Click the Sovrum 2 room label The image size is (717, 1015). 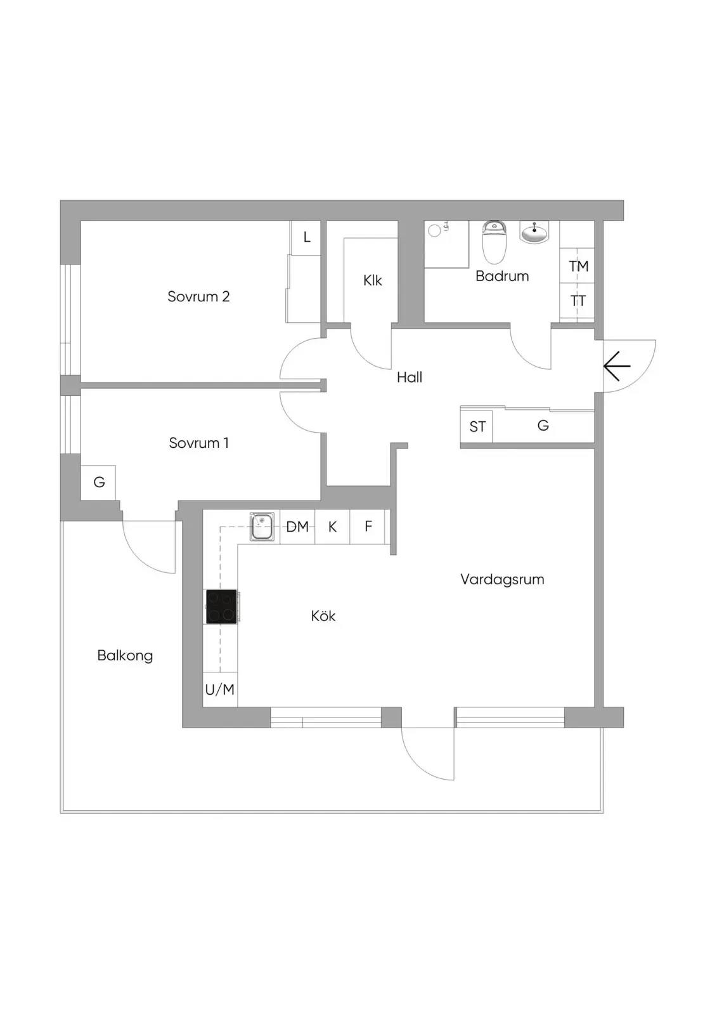point(198,296)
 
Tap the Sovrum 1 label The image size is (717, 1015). point(199,443)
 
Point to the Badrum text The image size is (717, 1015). point(502,276)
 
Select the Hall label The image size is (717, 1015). point(410,377)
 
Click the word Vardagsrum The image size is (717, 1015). point(502,580)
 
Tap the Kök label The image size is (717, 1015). point(323,616)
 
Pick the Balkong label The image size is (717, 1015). point(125,656)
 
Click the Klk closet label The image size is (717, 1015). point(372,280)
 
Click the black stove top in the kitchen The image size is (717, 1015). point(221,606)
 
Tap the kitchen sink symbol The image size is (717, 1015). point(262,527)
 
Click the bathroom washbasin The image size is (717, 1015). point(534,232)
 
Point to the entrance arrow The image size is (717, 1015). point(617,366)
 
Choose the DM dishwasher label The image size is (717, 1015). point(297,527)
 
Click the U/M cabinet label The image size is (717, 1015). point(220,690)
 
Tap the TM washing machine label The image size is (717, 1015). point(578,266)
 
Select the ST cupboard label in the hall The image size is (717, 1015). point(477,426)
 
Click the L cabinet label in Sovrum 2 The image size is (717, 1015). point(307,237)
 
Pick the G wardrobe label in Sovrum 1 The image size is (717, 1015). point(99,481)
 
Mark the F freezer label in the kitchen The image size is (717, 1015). point(368,526)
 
